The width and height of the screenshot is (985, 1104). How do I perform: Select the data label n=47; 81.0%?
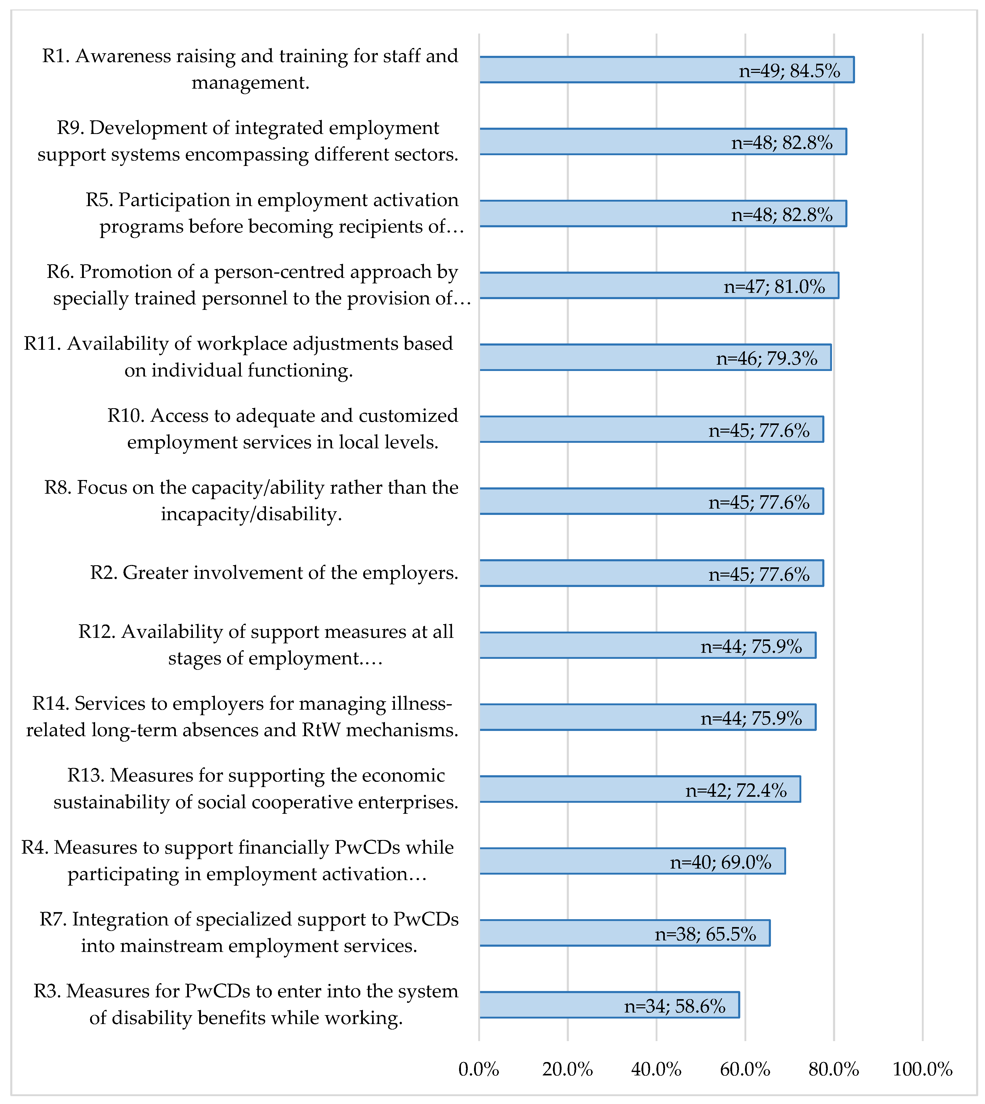[775, 287]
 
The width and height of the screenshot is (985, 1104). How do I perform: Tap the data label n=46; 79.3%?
[767, 358]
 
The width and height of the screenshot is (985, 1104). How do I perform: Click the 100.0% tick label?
[922, 1069]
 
